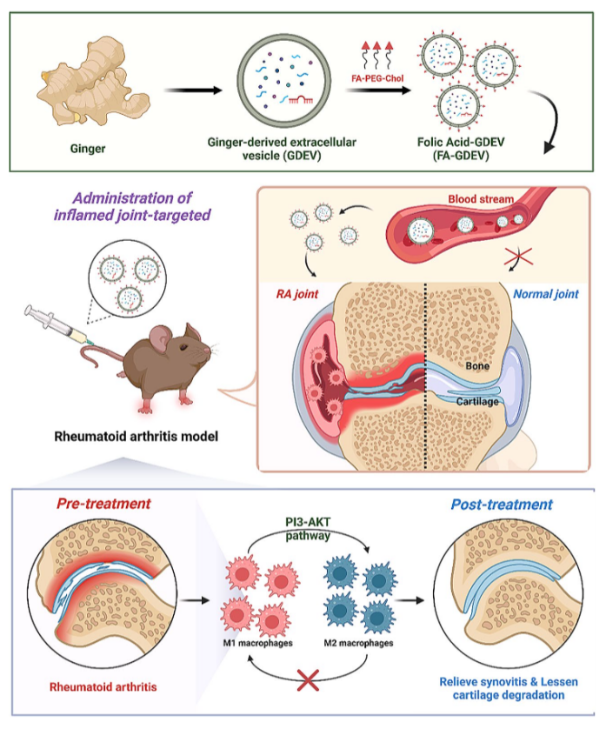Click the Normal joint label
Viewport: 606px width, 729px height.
(x=545, y=294)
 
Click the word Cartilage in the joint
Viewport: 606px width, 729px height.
(x=478, y=402)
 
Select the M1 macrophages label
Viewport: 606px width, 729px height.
(x=258, y=644)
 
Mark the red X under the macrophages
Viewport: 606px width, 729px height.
(x=307, y=681)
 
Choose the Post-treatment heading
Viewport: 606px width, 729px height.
(x=502, y=505)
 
